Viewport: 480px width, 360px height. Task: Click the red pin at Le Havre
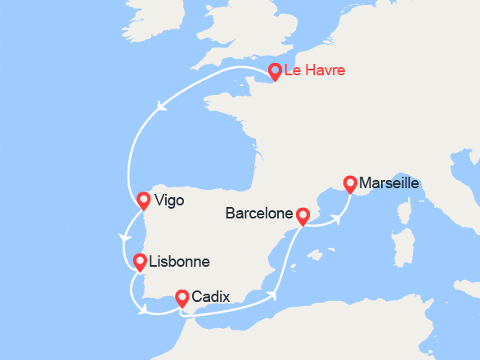click(275, 71)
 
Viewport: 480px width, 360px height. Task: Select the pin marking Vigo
click(144, 200)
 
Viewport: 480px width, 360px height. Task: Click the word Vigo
click(169, 200)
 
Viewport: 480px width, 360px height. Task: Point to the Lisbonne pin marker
click(140, 262)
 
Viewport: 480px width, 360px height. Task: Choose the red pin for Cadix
click(182, 298)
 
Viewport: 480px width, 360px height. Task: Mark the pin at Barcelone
click(303, 215)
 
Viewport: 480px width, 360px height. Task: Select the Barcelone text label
click(258, 214)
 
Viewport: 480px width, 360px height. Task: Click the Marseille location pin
click(351, 184)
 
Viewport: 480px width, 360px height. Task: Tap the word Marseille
click(388, 183)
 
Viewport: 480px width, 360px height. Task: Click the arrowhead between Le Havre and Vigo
click(162, 105)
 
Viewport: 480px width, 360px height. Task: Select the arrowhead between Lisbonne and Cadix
click(145, 310)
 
